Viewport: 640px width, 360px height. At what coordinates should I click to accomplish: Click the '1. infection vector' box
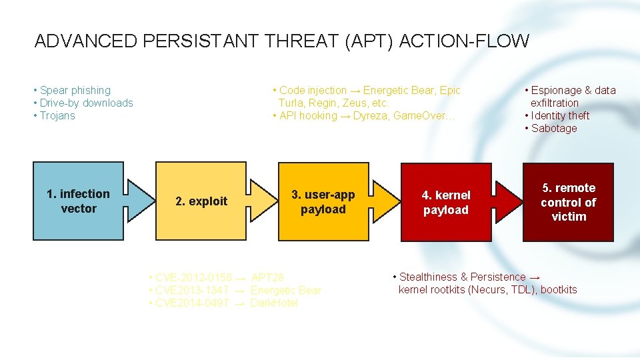pyautogui.click(x=79, y=201)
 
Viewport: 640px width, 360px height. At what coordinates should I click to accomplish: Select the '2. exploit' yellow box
pyautogui.click(x=201, y=201)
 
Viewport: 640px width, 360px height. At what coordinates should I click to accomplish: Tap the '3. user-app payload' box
pyautogui.click(x=323, y=201)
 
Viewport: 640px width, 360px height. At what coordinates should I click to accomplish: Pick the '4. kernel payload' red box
pyautogui.click(x=445, y=202)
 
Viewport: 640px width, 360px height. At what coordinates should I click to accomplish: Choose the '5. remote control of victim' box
pyautogui.click(x=568, y=202)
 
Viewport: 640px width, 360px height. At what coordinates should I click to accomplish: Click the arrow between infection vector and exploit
pyautogui.click(x=139, y=201)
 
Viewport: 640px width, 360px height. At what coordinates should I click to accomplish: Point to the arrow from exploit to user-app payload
pyautogui.click(x=261, y=201)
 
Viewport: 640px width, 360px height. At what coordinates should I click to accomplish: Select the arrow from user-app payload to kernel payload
pyautogui.click(x=384, y=201)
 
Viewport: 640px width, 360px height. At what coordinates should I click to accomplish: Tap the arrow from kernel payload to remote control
pyautogui.click(x=507, y=201)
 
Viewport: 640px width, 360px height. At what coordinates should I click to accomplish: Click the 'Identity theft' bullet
pyautogui.click(x=560, y=115)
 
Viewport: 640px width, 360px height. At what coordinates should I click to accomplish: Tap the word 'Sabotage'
pyautogui.click(x=554, y=128)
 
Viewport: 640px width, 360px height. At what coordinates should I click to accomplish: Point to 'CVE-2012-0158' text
pyautogui.click(x=193, y=277)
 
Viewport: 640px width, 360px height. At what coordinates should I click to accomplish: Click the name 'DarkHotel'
pyautogui.click(x=274, y=303)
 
